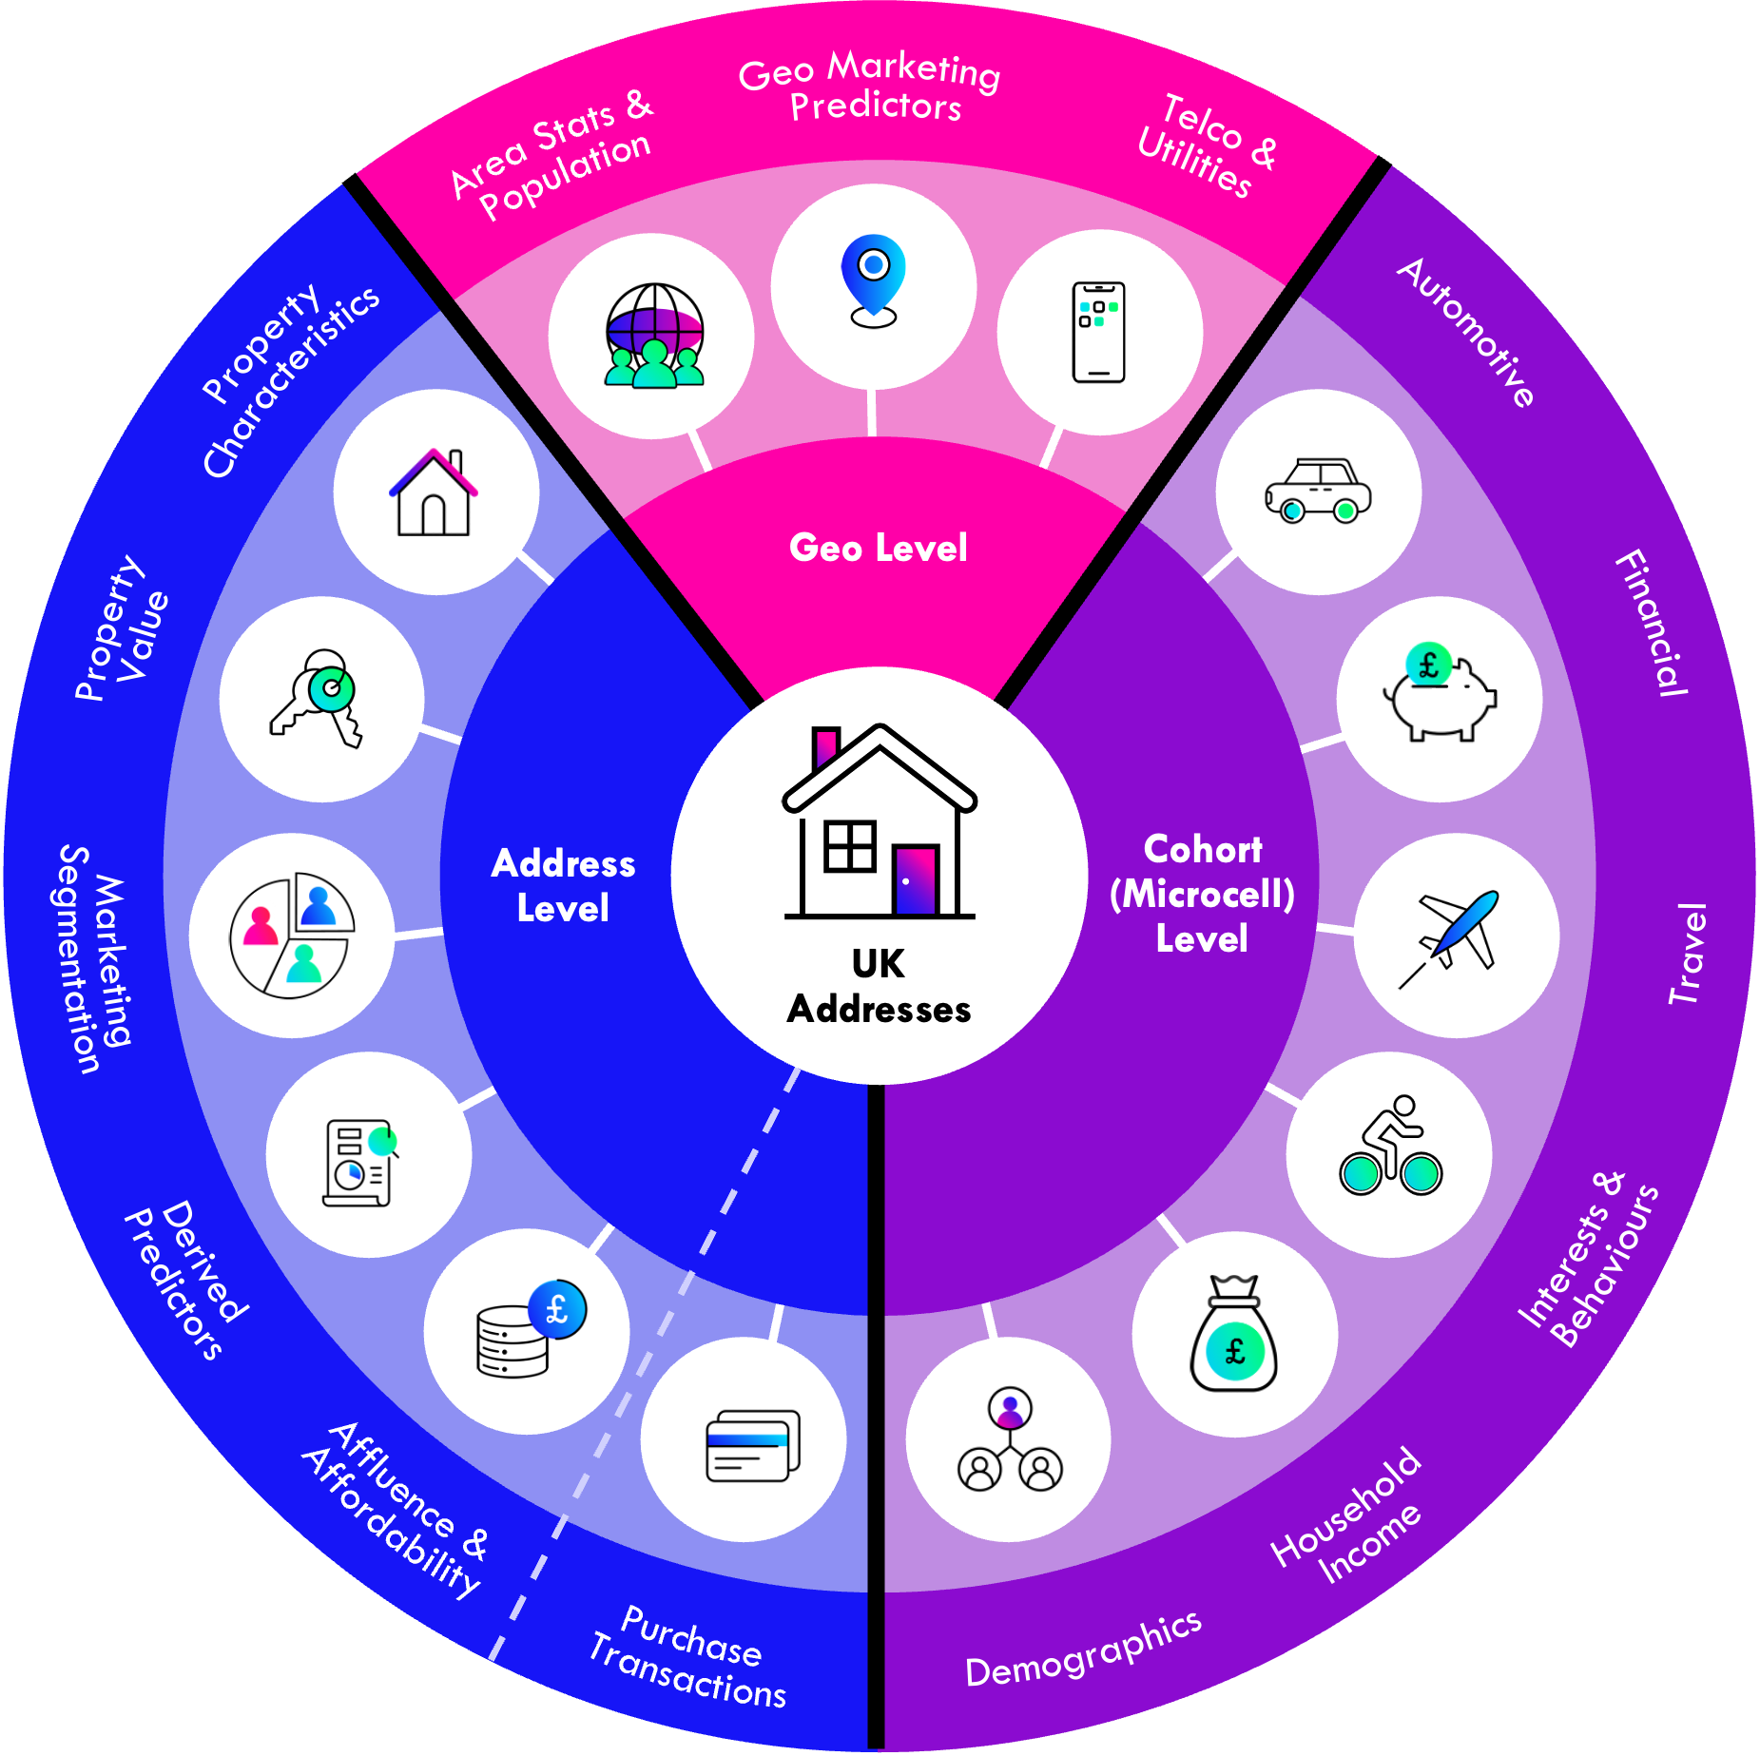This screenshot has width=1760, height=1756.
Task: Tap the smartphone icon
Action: pyautogui.click(x=1098, y=333)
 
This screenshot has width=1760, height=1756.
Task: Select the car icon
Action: pyautogui.click(x=1318, y=491)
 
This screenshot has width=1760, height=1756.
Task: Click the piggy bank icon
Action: pyautogui.click(x=1440, y=694)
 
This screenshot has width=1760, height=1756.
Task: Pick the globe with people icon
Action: pyautogui.click(x=654, y=336)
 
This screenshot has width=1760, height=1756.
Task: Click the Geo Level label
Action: pyautogui.click(x=879, y=548)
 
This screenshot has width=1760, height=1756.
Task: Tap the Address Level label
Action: pyautogui.click(x=563, y=885)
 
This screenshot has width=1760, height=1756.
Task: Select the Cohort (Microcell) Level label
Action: pyautogui.click(x=1202, y=894)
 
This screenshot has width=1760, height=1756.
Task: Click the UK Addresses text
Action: pyautogui.click(x=879, y=987)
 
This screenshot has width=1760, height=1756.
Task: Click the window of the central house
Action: pyautogui.click(x=849, y=846)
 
